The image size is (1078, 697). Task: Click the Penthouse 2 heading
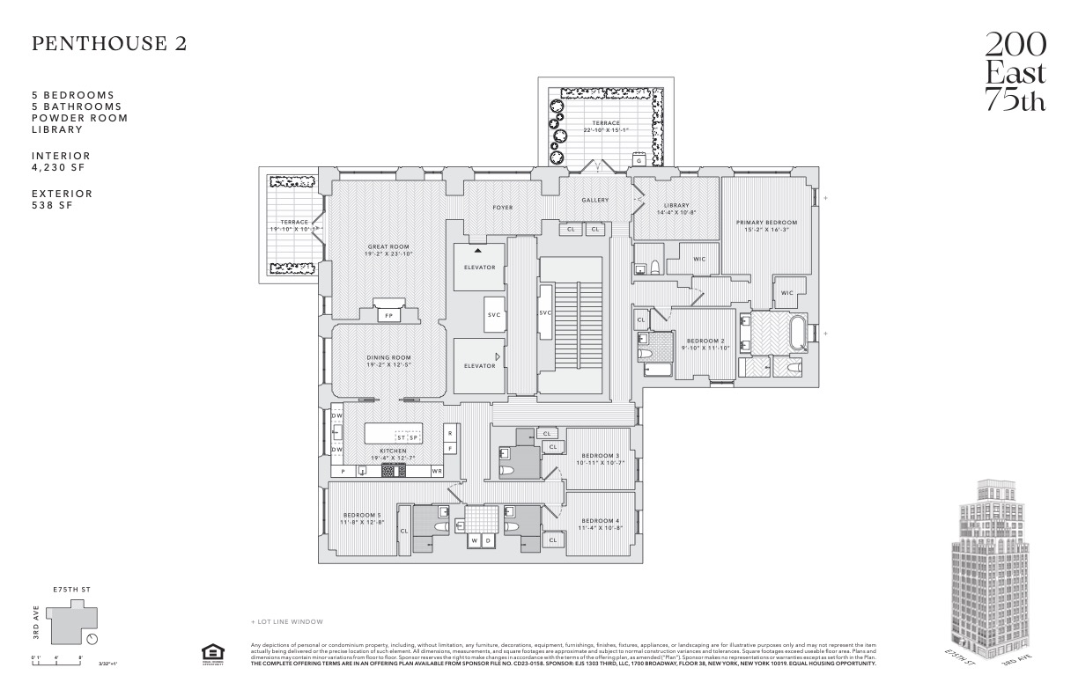(x=109, y=44)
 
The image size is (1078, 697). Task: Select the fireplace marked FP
(x=388, y=314)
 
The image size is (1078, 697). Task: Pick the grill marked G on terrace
(x=638, y=161)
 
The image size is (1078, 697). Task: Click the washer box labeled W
(x=475, y=539)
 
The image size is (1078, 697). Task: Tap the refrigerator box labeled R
(x=449, y=433)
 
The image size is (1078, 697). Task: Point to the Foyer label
(x=502, y=208)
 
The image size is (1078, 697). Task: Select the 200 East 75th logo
(x=1015, y=72)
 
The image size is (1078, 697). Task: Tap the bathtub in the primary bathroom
(x=799, y=335)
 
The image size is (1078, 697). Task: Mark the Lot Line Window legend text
(x=287, y=621)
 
